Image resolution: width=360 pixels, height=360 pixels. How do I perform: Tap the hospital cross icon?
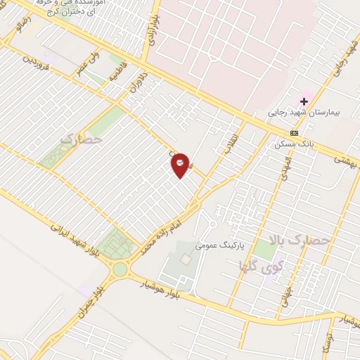pyautogui.click(x=304, y=101)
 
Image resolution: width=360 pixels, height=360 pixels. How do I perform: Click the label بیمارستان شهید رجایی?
pyautogui.click(x=298, y=112)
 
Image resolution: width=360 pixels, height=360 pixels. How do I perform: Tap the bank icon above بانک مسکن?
pyautogui.click(x=293, y=133)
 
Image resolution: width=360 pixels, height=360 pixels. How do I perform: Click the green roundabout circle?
pyautogui.click(x=120, y=268)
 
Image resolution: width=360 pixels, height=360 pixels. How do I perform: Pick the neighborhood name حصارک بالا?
pyautogui.click(x=309, y=240)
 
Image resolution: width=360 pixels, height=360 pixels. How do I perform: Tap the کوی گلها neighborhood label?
pyautogui.click(x=253, y=267)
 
